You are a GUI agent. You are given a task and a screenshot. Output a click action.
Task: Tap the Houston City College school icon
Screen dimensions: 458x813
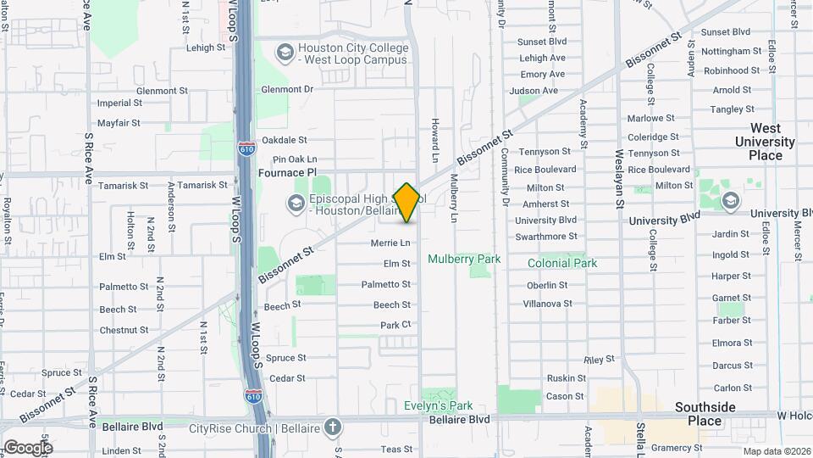(285, 54)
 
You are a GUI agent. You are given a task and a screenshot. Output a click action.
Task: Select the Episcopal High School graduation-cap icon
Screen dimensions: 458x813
(296, 202)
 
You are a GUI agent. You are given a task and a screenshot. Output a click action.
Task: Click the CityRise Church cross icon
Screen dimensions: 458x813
(333, 426)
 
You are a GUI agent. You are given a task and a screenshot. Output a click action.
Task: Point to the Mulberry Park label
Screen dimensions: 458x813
(463, 259)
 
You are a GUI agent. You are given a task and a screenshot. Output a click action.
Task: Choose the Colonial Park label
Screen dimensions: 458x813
(562, 263)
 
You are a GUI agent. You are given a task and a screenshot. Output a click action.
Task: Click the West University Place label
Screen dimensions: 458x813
(765, 142)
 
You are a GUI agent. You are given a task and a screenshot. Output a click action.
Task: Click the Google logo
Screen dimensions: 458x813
(27, 447)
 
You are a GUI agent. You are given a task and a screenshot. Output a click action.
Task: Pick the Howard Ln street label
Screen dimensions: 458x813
(434, 141)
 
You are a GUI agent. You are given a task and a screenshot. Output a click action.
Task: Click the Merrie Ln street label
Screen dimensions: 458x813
(390, 243)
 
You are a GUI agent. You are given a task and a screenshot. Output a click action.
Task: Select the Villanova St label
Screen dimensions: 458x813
(547, 303)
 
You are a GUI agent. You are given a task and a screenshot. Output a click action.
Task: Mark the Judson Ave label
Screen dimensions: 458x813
(539, 91)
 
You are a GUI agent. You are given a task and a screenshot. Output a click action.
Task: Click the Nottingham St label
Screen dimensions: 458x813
(726, 51)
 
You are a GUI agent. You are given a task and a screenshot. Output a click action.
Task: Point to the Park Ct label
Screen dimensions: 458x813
(395, 325)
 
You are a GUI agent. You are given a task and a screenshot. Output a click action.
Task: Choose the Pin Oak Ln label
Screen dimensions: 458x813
(294, 159)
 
